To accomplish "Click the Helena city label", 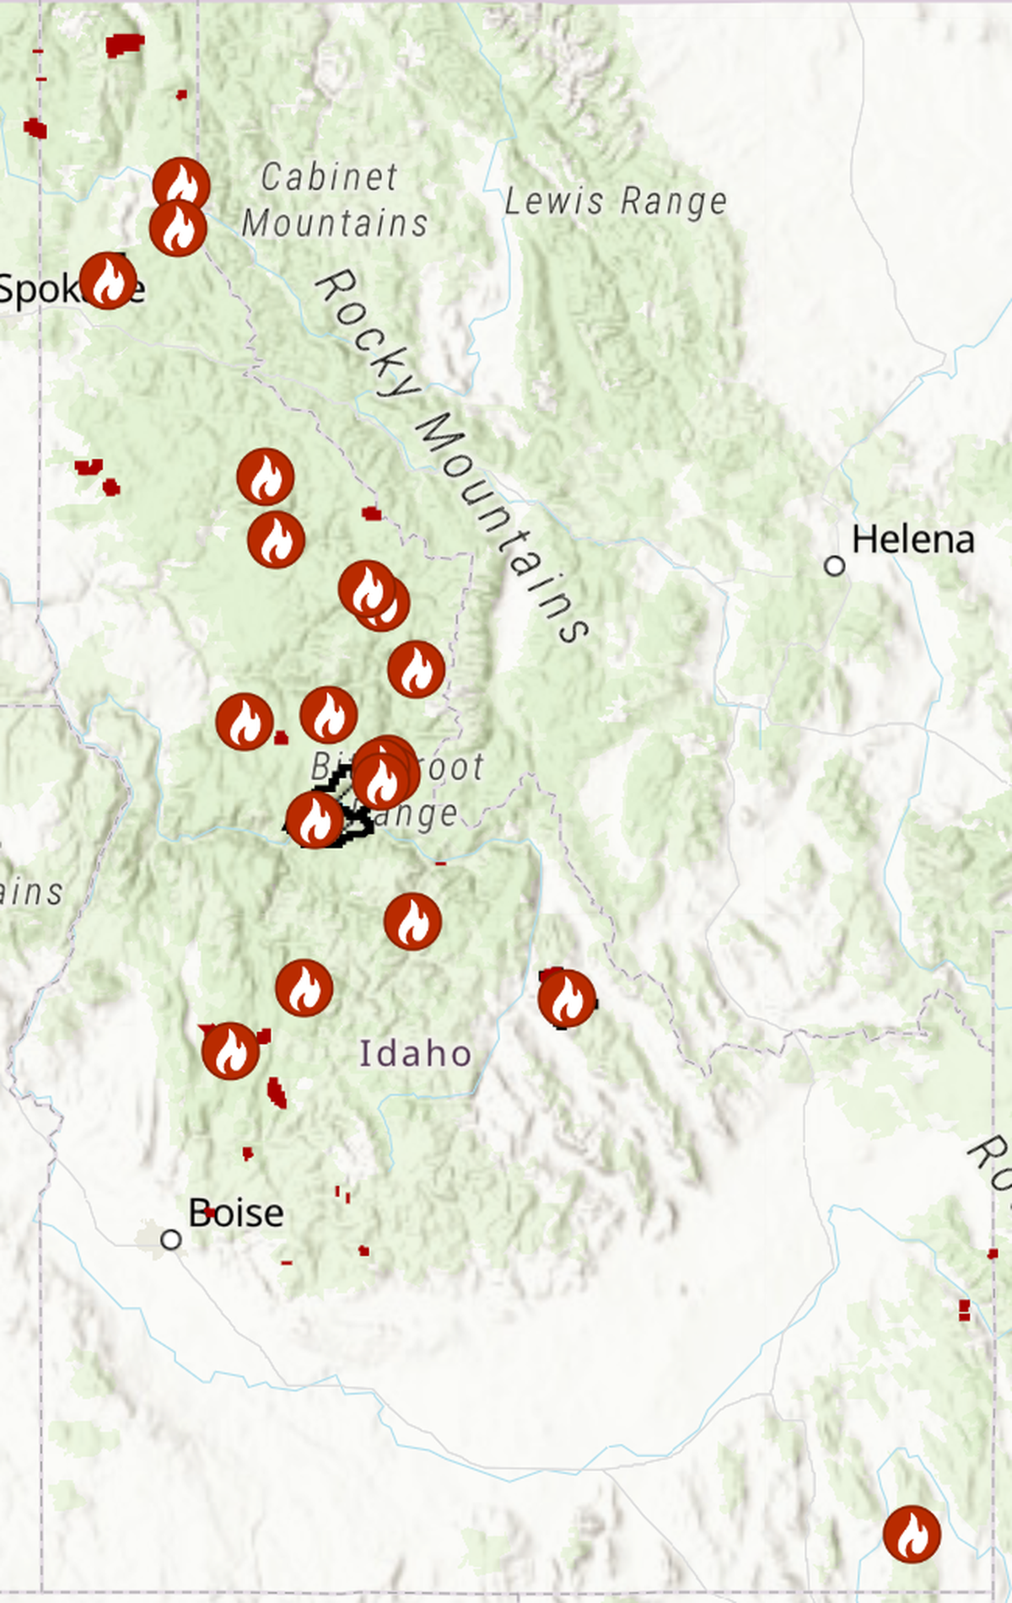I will (x=912, y=540).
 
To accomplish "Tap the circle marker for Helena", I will (x=834, y=566).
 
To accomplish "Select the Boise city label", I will (x=236, y=1213).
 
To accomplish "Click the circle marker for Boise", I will (x=171, y=1240).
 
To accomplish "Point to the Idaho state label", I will (x=415, y=1054).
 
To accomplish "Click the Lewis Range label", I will (x=616, y=202).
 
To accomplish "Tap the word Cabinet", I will (x=329, y=177).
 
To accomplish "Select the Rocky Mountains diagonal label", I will (x=451, y=455).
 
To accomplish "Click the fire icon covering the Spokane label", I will (x=108, y=281).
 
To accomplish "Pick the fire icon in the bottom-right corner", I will (x=912, y=1534).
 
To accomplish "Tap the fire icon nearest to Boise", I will (x=230, y=1051).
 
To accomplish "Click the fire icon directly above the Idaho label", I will (x=412, y=922).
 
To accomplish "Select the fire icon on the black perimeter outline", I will (x=315, y=820).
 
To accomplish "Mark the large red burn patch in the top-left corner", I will (x=124, y=44).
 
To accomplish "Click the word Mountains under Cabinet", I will (x=335, y=223).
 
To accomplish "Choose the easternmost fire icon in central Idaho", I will (x=567, y=998).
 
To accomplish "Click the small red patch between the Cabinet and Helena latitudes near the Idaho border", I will (x=371, y=514).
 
